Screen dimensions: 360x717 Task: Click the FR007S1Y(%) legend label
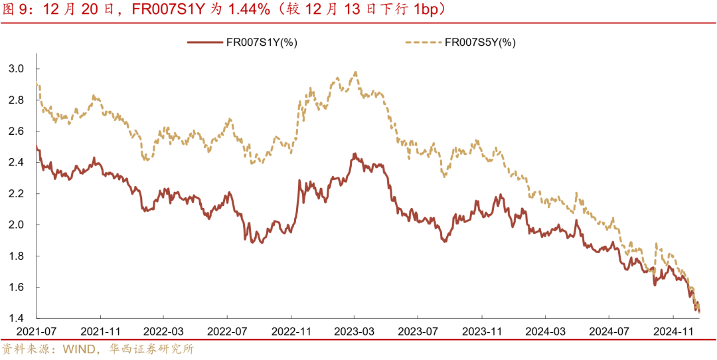click(x=261, y=43)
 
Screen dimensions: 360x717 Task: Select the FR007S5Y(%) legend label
click(x=480, y=43)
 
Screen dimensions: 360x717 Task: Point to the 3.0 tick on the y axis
click(x=17, y=68)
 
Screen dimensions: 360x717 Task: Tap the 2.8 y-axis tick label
click(x=17, y=100)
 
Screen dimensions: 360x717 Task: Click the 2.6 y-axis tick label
click(x=17, y=131)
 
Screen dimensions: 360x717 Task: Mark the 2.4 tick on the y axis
click(x=17, y=162)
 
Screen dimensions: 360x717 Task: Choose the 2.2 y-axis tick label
click(x=17, y=193)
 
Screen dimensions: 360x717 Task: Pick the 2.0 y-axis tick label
click(x=17, y=225)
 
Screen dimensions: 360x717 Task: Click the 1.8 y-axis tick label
click(x=17, y=256)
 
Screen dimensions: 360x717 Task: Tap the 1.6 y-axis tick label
click(x=17, y=287)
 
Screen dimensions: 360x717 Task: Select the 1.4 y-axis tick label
click(x=17, y=318)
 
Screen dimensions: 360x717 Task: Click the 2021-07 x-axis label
click(x=37, y=331)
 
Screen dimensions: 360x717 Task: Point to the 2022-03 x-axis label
click(x=163, y=331)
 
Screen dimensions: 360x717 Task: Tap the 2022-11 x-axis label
click(x=291, y=331)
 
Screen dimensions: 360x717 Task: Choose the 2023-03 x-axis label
click(x=354, y=331)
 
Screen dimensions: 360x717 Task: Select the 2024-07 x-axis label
click(x=609, y=331)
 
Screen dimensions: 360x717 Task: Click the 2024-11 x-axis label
click(x=673, y=331)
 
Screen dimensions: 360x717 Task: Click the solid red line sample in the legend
click(x=205, y=43)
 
